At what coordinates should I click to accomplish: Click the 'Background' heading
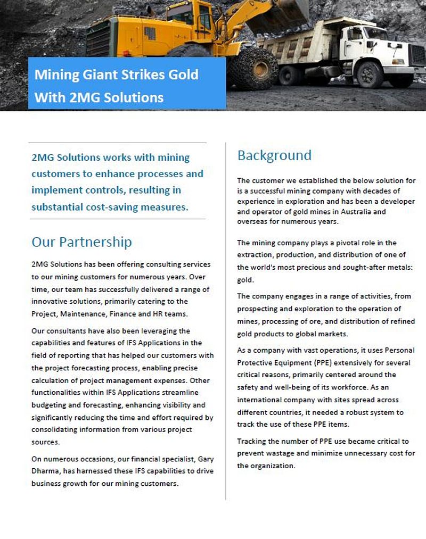click(274, 155)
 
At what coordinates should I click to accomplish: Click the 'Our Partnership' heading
click(81, 242)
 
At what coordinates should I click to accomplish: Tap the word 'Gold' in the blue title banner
click(181, 74)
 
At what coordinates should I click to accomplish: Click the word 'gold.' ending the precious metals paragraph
click(245, 279)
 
